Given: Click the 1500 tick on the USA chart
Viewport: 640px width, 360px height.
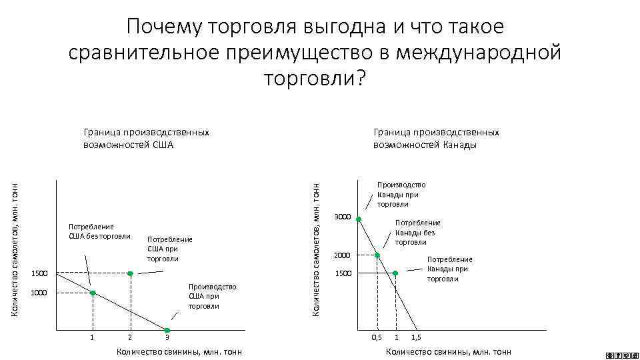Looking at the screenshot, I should coord(41,274).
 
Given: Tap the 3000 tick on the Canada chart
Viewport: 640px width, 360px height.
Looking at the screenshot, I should coord(342,217).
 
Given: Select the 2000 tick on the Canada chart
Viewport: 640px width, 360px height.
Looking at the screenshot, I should coord(342,255).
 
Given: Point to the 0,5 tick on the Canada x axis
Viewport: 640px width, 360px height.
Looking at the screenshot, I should coord(377,338).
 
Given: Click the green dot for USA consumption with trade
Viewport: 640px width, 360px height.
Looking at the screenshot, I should coord(131,274).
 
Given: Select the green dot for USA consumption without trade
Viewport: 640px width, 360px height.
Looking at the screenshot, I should coord(93,293).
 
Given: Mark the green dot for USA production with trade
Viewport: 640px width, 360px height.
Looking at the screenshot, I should coord(167,331).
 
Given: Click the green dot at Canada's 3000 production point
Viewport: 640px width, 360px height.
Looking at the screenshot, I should coord(359,219).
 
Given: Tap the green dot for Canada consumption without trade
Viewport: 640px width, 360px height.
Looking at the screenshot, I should coord(377,255).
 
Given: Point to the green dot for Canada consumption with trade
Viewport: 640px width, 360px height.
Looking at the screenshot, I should coord(395,273).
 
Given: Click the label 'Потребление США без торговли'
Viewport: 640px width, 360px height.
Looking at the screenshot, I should coord(91,231).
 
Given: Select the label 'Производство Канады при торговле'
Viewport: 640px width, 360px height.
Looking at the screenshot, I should coord(401,195).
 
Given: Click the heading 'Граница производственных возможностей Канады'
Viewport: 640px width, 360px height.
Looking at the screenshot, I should coord(436,139).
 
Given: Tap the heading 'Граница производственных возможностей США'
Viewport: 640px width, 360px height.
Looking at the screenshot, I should coord(146,139).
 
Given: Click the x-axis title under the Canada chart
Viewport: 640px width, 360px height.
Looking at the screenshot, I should coord(449,352).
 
